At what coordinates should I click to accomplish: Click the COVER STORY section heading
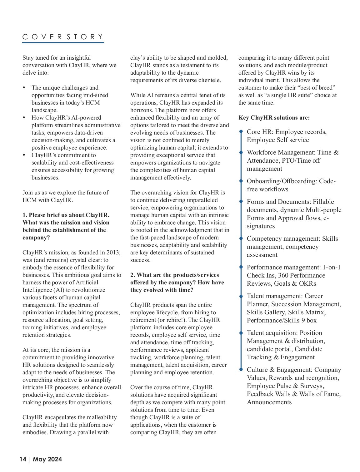point(62,37)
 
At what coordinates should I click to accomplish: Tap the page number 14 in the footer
point(23,459)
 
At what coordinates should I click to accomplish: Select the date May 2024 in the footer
point(47,459)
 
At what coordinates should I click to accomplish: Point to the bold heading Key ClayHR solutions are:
point(274,118)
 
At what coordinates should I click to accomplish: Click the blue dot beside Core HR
point(241,132)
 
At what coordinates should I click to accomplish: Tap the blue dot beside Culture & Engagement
point(241,370)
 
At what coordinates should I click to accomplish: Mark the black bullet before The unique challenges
point(24,88)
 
